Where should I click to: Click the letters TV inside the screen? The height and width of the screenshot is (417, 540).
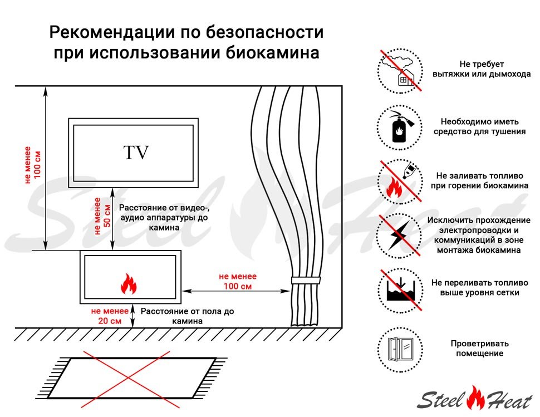[136, 153]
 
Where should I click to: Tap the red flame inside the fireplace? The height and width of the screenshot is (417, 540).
[129, 284]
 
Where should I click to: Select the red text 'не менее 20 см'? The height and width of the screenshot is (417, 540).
[106, 316]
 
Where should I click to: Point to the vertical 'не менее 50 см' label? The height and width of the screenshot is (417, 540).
[102, 217]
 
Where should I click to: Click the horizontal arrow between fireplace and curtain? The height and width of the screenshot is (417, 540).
[238, 290]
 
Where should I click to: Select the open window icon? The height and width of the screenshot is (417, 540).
[400, 349]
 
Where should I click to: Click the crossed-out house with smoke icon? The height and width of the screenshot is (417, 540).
[400, 70]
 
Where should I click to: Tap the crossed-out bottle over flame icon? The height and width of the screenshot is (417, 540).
[400, 180]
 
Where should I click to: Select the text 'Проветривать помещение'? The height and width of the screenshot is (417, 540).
[479, 349]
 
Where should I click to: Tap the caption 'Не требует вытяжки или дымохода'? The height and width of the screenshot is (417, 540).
[482, 69]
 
